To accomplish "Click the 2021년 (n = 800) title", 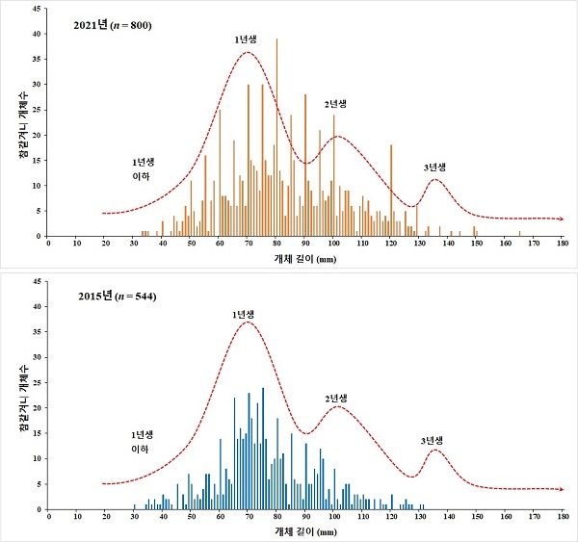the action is tap(113, 25).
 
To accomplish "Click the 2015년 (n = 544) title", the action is tap(118, 296).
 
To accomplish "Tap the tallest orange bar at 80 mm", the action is tap(276, 138).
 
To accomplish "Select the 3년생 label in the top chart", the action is tap(434, 168).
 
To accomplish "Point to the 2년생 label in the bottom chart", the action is tap(336, 399).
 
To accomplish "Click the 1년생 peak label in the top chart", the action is tap(246, 39).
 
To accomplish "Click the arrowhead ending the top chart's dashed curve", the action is tap(562, 219).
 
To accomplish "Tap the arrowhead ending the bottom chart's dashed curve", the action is tap(562, 489).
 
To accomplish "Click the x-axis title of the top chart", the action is tap(305, 259).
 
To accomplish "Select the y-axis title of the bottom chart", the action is tap(23, 398).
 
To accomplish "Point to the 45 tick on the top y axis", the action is tap(37, 9).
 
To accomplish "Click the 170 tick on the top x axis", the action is tap(534, 244).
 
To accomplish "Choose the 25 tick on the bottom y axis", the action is tap(37, 383).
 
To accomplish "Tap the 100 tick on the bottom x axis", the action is tap(334, 517).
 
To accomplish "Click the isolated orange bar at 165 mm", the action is tap(520, 234).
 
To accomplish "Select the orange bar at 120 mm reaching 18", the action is tap(391, 191).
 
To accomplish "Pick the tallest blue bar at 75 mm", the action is tap(263, 449).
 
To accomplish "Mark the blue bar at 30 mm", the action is tap(135, 507).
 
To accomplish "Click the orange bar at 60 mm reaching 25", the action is tap(220, 173).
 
